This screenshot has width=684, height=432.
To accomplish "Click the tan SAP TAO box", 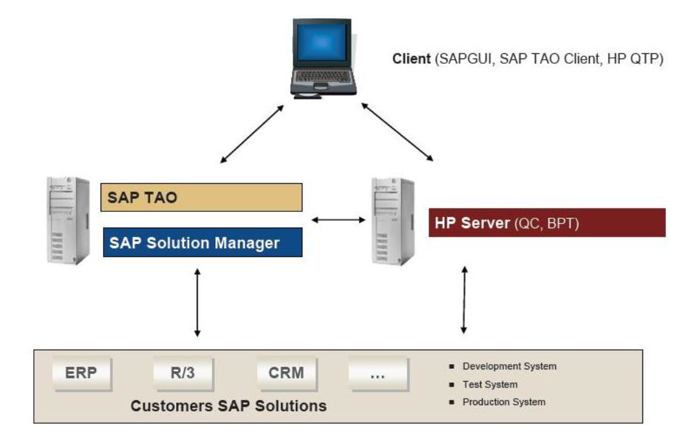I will [201, 197].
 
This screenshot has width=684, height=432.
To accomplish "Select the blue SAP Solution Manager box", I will [201, 242].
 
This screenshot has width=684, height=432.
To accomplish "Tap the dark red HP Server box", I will [546, 222].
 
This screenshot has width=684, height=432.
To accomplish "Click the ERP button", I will [81, 373].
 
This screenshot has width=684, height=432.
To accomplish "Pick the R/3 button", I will [183, 373].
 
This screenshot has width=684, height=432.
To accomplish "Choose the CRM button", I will [286, 373].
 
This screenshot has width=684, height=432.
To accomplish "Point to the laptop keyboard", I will [324, 77].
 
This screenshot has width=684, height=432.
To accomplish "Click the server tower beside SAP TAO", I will [68, 220].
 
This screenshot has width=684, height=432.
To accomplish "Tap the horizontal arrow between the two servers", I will [338, 220].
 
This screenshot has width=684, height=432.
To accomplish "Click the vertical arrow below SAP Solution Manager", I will [197, 302].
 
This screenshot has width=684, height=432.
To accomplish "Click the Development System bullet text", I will [509, 366].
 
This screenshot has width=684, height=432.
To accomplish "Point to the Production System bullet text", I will [504, 402].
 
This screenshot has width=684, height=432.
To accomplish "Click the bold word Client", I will [412, 59].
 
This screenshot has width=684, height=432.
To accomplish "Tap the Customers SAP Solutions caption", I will [228, 405].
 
